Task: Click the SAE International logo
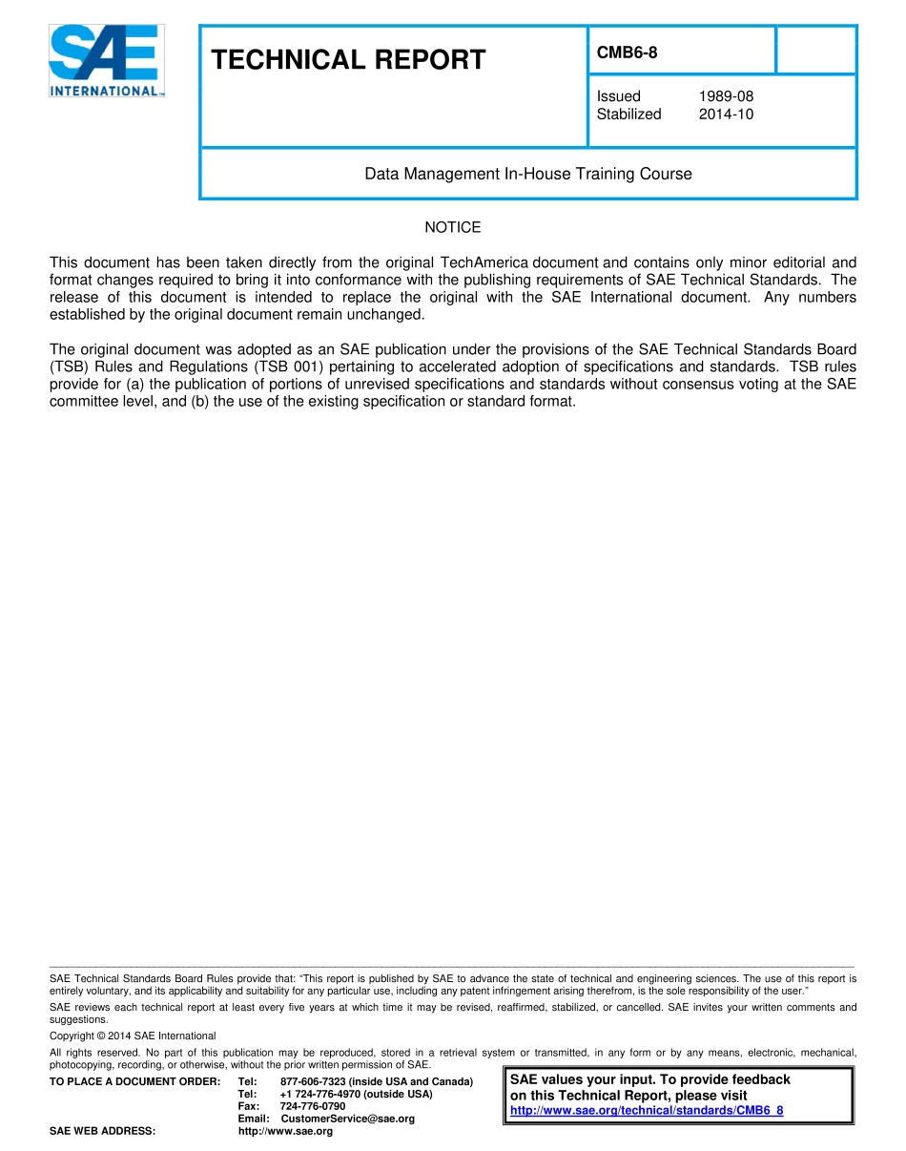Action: (107, 60)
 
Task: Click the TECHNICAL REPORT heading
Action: (348, 60)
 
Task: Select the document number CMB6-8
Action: (627, 52)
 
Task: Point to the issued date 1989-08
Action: (726, 96)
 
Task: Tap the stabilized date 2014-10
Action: (726, 115)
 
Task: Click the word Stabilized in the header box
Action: (628, 115)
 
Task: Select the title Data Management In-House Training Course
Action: (528, 174)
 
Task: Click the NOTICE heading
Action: (453, 227)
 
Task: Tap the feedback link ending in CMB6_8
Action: (647, 1111)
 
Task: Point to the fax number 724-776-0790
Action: (313, 1106)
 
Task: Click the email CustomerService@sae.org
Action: (347, 1119)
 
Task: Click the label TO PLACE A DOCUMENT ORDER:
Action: (134, 1081)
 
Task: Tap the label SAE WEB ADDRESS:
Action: (102, 1131)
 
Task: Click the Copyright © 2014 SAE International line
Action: (133, 1036)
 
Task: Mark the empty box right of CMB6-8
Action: (816, 51)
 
